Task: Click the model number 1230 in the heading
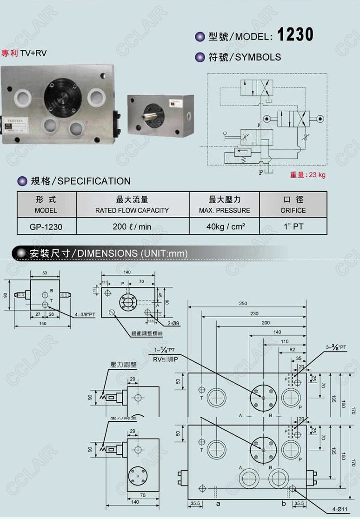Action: click(x=295, y=35)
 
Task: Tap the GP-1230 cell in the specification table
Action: click(x=46, y=227)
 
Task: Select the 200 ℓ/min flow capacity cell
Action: click(x=132, y=227)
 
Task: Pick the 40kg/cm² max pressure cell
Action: click(x=224, y=227)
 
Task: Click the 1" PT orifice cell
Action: click(x=293, y=227)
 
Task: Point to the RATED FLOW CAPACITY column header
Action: click(x=132, y=210)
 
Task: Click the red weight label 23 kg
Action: click(x=308, y=175)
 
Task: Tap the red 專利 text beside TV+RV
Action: click(x=10, y=53)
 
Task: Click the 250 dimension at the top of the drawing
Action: click(x=243, y=303)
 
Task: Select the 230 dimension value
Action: click(x=254, y=313)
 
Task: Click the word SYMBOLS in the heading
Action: click(x=258, y=57)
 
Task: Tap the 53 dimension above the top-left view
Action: click(x=45, y=273)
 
